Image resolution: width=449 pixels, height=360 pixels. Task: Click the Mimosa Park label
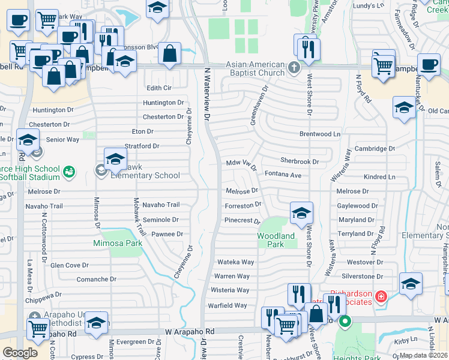[x=118, y=243]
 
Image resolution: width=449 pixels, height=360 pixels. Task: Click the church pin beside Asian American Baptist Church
[x=294, y=67]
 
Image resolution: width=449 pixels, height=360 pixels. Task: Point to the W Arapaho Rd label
[x=189, y=331]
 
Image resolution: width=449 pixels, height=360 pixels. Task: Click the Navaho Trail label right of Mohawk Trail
[x=161, y=205]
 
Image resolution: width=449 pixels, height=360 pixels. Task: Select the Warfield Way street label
[x=228, y=305]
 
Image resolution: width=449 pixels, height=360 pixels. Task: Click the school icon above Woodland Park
[x=301, y=212]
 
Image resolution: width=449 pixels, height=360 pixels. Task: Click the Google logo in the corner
[x=20, y=353]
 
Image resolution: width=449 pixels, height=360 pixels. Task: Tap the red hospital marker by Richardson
[x=379, y=296]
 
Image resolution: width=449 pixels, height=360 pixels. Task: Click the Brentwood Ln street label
[x=320, y=134]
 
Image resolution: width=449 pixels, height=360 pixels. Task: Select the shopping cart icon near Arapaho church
[x=38, y=328]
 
